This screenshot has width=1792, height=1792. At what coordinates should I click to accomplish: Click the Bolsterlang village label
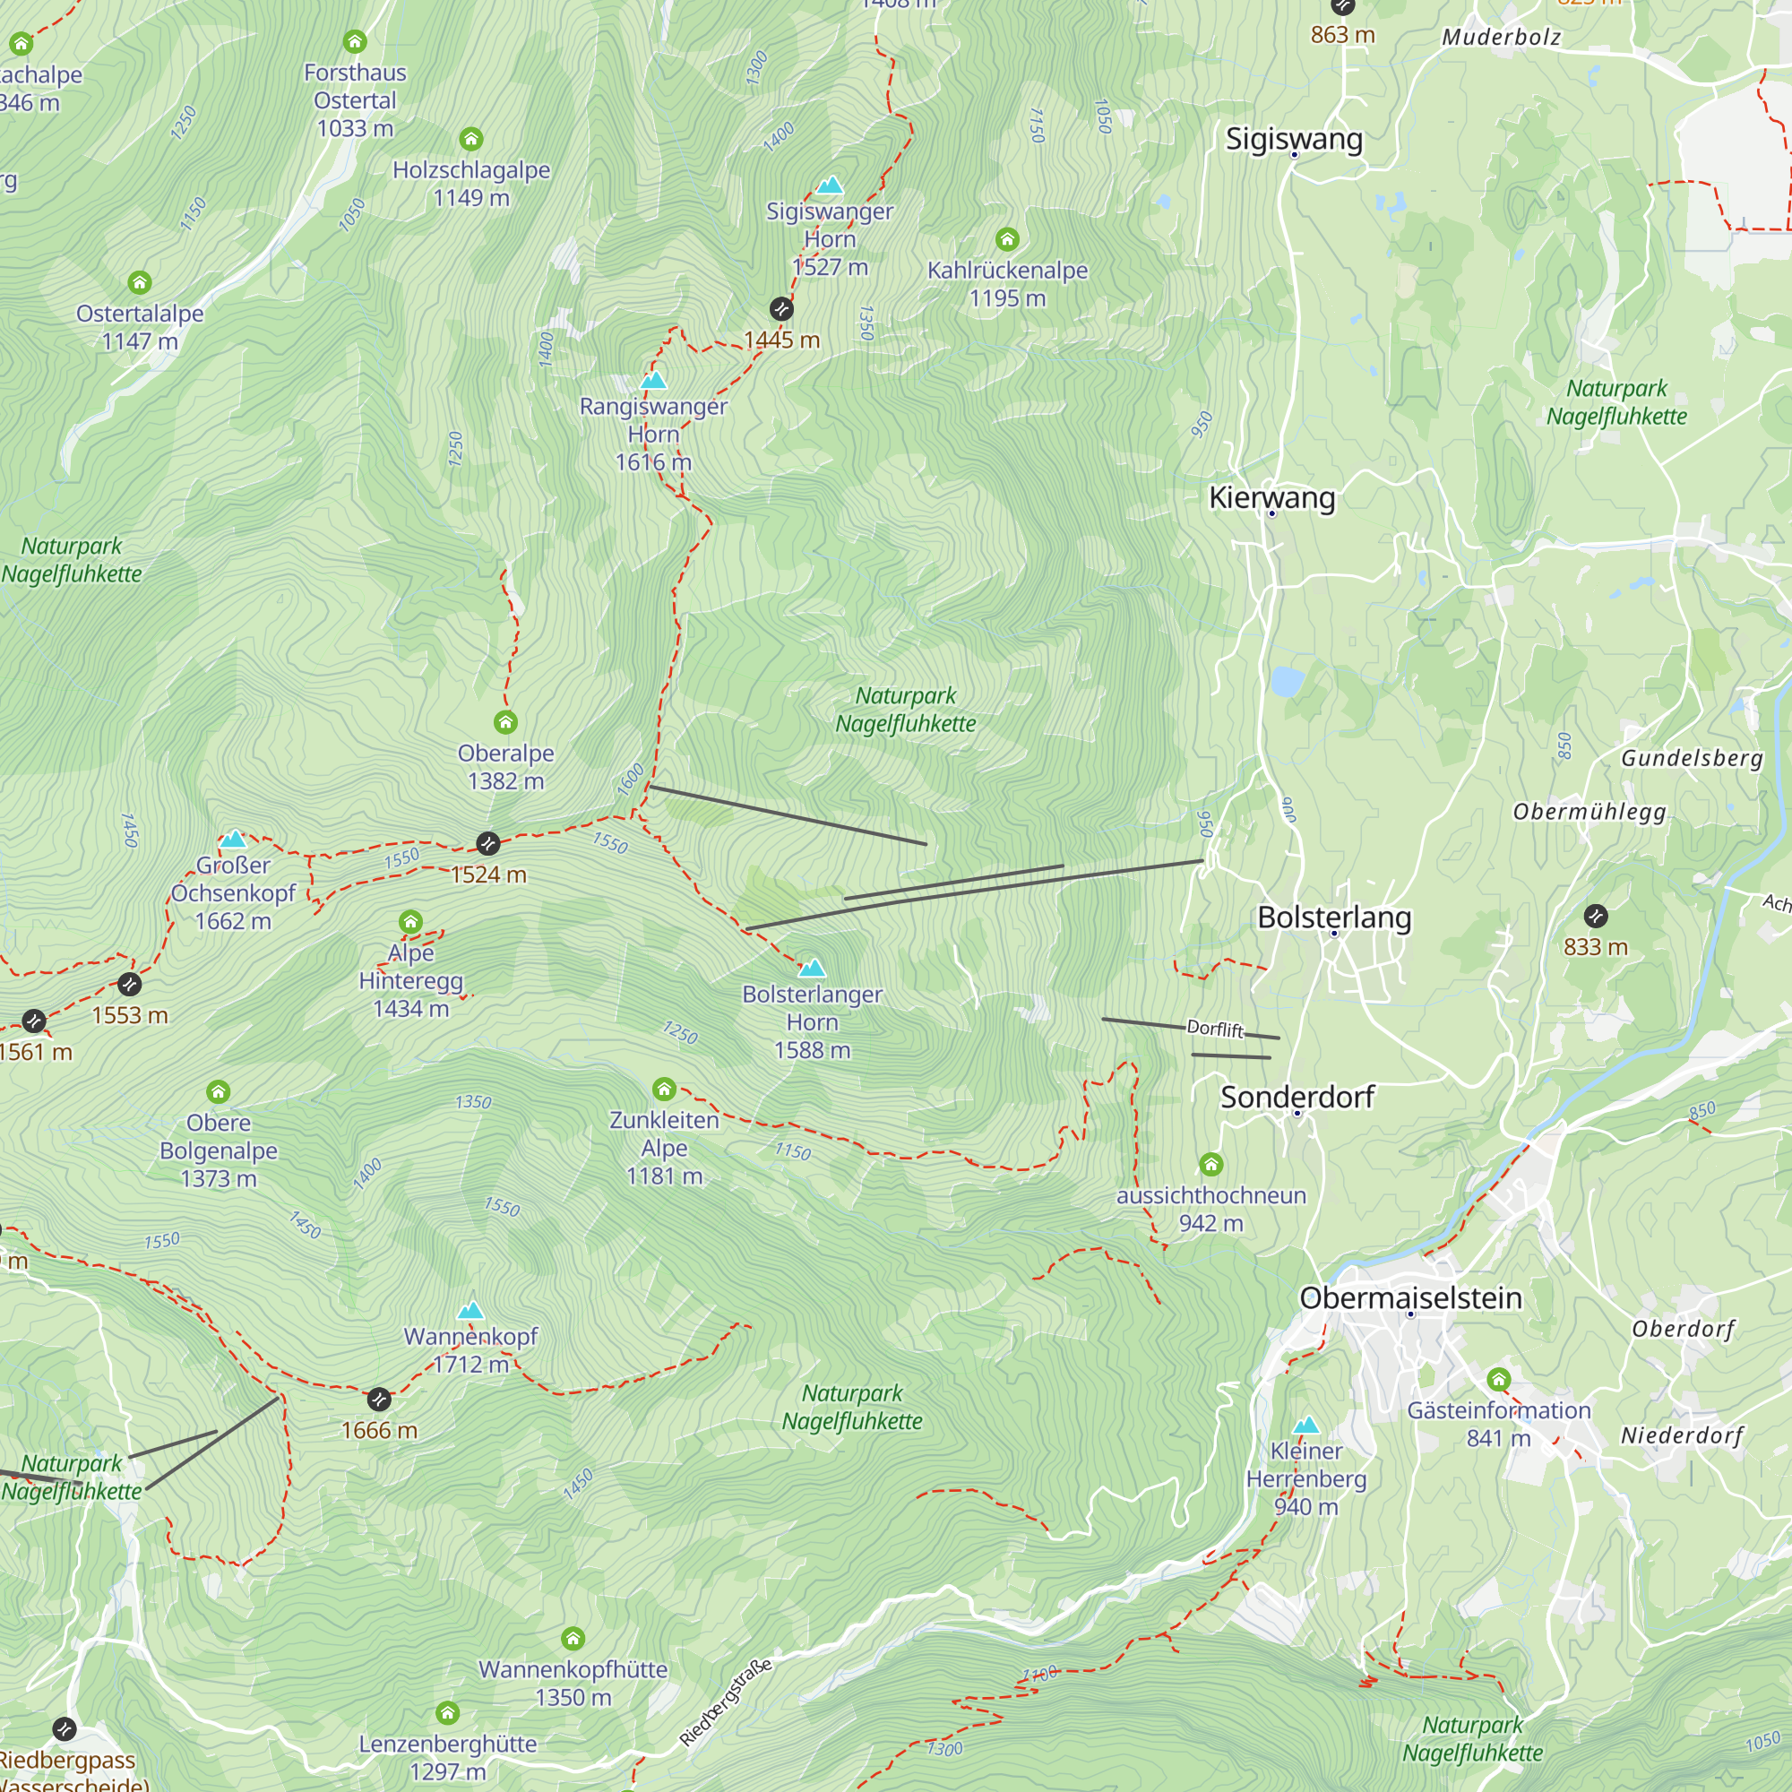(1334, 918)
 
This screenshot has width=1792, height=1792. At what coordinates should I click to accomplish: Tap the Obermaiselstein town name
(1409, 1297)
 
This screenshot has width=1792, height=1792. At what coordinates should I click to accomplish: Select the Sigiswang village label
(1294, 139)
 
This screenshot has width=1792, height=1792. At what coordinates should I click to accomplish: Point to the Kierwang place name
(1271, 498)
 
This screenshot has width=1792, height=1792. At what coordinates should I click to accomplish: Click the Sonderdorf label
(1297, 1098)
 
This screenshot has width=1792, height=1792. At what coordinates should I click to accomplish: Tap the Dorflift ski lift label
(1214, 1029)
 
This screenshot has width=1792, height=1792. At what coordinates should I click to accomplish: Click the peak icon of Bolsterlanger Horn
(812, 969)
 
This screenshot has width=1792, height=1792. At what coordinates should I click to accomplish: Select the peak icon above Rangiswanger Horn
(653, 380)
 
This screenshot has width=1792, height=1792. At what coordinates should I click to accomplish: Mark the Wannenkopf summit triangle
(470, 1311)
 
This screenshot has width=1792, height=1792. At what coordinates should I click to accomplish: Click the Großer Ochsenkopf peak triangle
(233, 840)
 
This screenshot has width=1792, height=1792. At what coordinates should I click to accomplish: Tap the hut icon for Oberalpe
(505, 721)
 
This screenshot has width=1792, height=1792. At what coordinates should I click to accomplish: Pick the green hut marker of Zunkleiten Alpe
(664, 1088)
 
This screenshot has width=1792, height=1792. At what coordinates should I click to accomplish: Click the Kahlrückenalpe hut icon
(1007, 239)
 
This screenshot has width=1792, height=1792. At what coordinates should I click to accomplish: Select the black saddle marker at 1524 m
(488, 843)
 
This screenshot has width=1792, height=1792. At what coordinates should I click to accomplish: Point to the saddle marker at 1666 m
(378, 1399)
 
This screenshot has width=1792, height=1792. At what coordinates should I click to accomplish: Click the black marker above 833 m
(1596, 917)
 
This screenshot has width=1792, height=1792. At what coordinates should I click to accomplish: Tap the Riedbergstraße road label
(726, 1702)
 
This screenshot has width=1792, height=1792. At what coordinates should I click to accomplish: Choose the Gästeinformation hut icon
(1499, 1379)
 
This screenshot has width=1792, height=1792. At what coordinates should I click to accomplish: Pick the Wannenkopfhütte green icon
(573, 1638)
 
